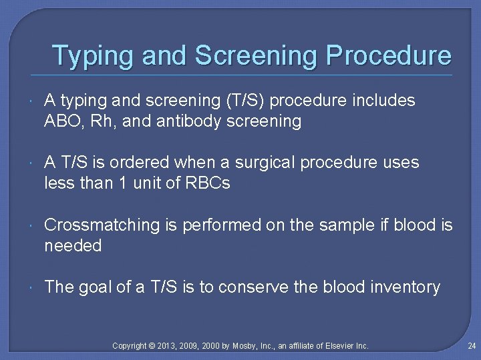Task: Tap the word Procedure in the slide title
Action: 388,55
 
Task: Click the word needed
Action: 73,246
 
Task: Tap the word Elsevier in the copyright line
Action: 338,346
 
